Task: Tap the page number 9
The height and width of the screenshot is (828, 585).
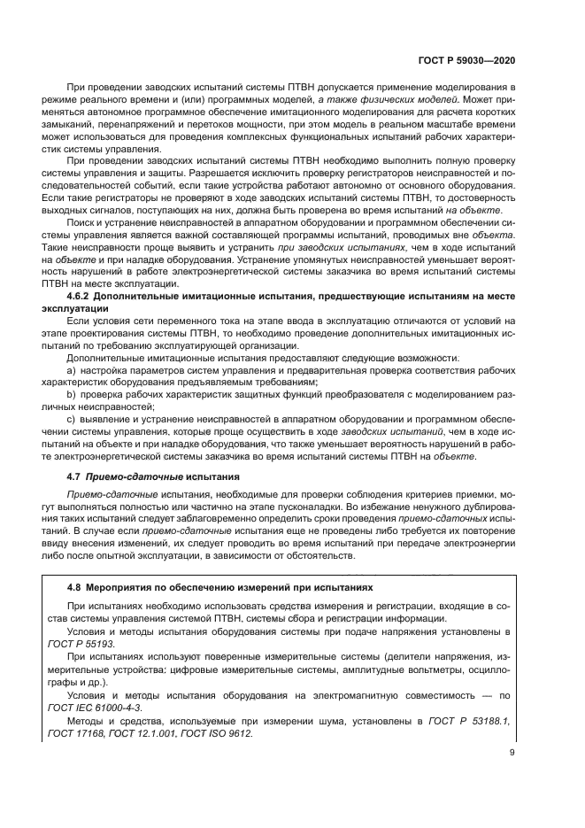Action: click(x=514, y=778)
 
